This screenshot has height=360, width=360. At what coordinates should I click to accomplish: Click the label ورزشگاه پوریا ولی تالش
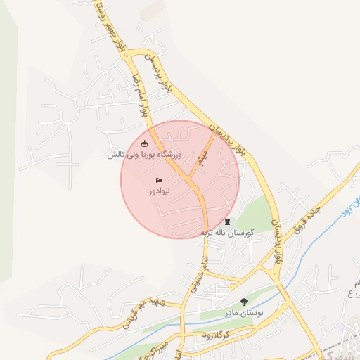[x=144, y=154]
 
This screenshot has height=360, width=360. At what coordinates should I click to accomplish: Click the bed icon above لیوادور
[x=158, y=181]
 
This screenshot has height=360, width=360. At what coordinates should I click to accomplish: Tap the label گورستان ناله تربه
[x=227, y=232]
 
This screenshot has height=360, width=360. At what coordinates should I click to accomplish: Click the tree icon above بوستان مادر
[x=243, y=302]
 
